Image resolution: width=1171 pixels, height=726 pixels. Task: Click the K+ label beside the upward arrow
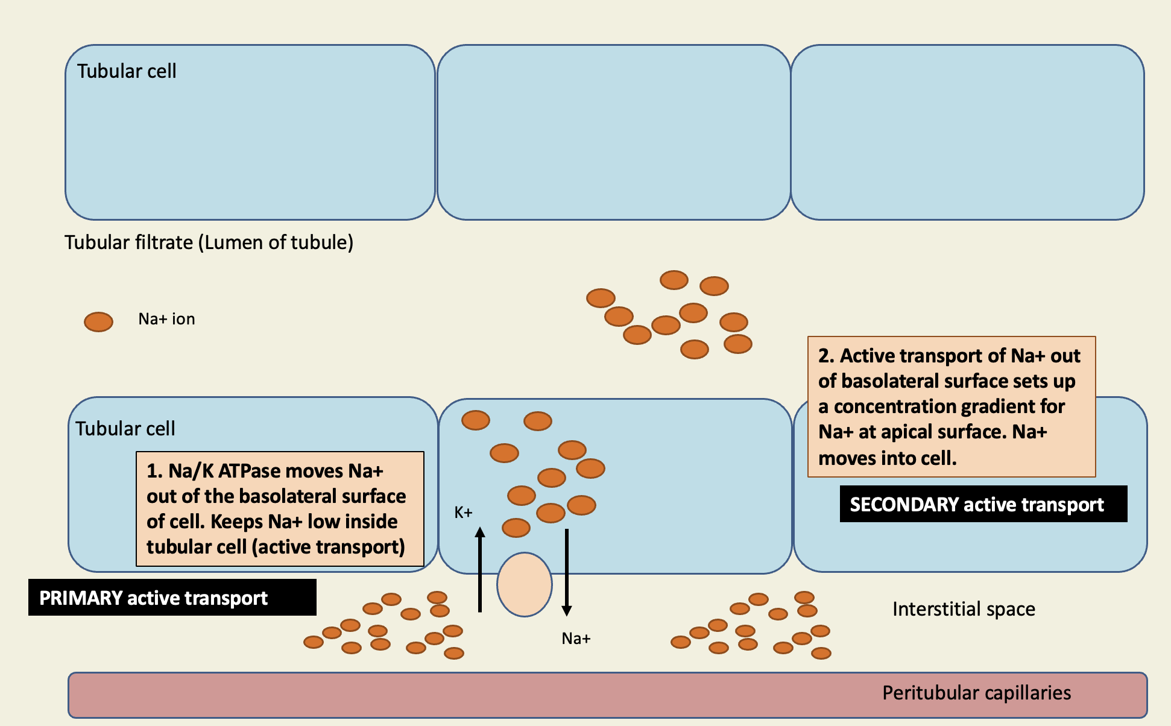[x=463, y=513]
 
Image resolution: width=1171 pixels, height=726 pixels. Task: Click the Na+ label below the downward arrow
[x=575, y=639]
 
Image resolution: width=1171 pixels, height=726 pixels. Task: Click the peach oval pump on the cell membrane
[x=524, y=584]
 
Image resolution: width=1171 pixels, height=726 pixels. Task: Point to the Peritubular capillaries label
[x=976, y=693]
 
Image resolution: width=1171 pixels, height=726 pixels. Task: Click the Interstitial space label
[x=963, y=609]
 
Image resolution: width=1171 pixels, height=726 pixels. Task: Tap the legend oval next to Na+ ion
[x=98, y=322]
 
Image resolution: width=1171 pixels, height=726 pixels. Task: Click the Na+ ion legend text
[x=166, y=319]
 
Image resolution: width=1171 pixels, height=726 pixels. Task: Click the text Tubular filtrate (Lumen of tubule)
[x=209, y=242]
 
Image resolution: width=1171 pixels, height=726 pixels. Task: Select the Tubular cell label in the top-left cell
[x=127, y=71]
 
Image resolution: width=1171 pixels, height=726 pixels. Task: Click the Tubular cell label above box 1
[x=125, y=429]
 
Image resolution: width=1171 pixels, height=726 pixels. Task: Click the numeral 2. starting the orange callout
[x=825, y=356]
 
